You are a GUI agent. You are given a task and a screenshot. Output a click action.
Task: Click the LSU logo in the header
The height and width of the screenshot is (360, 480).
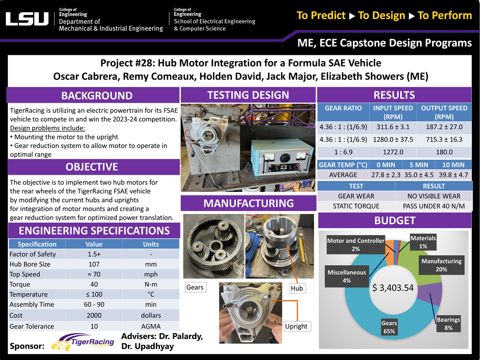point(27,19)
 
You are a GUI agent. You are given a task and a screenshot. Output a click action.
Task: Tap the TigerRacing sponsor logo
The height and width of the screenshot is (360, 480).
point(84,343)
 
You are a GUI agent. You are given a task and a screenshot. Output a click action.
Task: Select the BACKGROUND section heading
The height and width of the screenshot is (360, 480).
point(97,96)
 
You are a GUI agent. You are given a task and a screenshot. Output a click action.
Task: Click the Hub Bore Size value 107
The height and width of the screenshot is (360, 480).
point(94,264)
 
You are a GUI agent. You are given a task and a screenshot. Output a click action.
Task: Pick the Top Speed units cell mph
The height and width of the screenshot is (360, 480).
point(151,274)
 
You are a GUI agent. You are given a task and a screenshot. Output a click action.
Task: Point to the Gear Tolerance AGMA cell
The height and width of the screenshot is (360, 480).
point(151,326)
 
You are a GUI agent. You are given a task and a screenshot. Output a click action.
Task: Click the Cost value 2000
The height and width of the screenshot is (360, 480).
point(94,315)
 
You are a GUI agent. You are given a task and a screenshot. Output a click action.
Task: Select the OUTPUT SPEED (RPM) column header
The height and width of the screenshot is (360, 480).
point(444,112)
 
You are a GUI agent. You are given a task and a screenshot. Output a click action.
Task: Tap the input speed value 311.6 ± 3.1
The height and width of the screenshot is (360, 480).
point(393,127)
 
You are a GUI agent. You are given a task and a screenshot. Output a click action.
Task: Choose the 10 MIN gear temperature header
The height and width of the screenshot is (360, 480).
point(453,165)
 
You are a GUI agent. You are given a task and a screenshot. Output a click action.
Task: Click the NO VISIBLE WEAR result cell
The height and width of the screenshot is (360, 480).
point(434,196)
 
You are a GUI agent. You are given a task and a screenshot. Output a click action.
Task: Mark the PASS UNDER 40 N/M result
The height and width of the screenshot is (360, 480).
point(434,206)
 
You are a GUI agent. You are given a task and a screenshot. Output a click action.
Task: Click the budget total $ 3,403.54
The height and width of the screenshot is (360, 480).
point(393,288)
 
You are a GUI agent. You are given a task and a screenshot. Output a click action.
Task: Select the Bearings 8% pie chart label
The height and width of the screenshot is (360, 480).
point(448,324)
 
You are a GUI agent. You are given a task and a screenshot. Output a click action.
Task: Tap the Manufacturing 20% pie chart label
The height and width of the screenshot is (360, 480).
point(441,265)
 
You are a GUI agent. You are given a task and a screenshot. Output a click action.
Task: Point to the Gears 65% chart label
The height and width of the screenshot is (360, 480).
point(389,327)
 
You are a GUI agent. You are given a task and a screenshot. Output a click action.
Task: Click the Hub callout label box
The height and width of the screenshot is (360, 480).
point(297,288)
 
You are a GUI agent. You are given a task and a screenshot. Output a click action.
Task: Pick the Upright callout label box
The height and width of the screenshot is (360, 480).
point(296,326)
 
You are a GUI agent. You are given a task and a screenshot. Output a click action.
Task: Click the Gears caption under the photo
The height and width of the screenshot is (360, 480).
point(195,287)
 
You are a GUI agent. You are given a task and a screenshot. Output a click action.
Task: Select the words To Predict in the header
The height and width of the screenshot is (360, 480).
point(321,16)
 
